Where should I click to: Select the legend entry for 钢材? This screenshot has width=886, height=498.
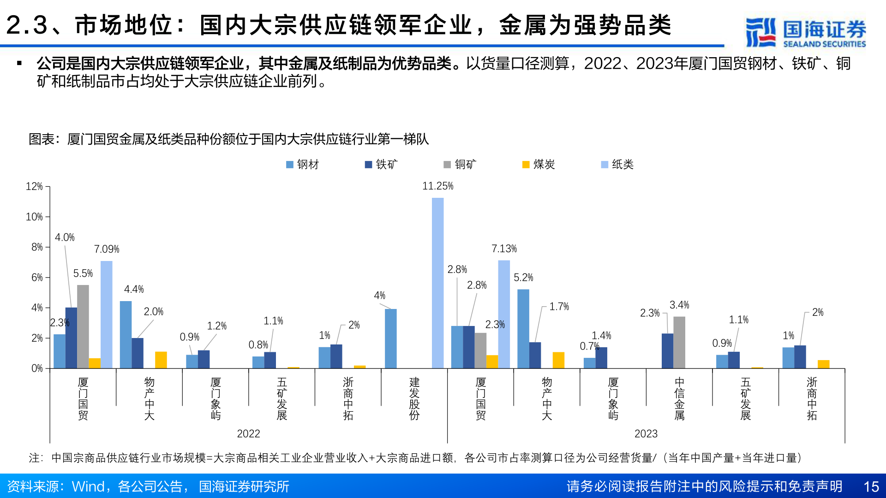[303, 165]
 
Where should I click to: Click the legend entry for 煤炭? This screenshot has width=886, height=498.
[539, 165]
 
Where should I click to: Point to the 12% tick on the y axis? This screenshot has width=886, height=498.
[34, 186]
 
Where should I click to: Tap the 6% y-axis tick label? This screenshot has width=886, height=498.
[37, 278]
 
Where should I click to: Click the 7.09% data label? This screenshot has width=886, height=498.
[107, 249]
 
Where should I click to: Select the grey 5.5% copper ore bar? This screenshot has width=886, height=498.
[83, 326]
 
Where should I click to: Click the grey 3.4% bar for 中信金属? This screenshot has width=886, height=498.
[679, 342]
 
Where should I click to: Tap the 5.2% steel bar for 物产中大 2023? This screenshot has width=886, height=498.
[523, 328]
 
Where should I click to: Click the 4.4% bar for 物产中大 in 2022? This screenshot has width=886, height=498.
[126, 334]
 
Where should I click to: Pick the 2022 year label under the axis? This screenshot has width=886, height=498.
[248, 434]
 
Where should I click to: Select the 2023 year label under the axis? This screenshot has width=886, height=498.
[646, 434]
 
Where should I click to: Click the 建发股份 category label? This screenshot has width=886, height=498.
[414, 399]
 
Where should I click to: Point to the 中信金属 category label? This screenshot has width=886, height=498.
[679, 399]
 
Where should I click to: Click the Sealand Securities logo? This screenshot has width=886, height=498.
[806, 32]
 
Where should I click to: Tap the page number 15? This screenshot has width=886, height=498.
[871, 486]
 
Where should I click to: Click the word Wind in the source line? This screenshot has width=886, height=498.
[88, 486]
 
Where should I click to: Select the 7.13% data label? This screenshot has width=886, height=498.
[504, 249]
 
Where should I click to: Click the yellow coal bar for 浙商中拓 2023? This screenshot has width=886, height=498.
[823, 364]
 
